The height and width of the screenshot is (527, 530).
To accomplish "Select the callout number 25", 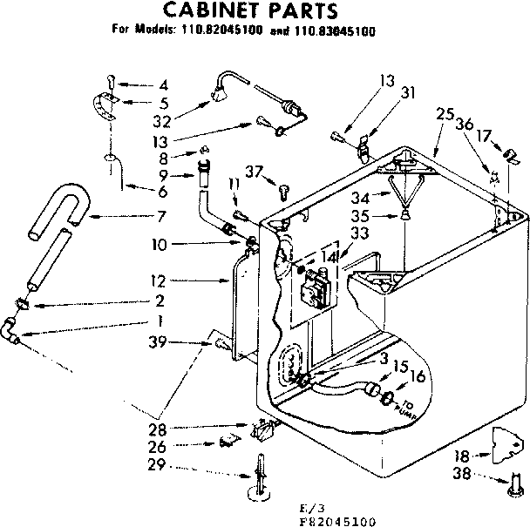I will (445, 114).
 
